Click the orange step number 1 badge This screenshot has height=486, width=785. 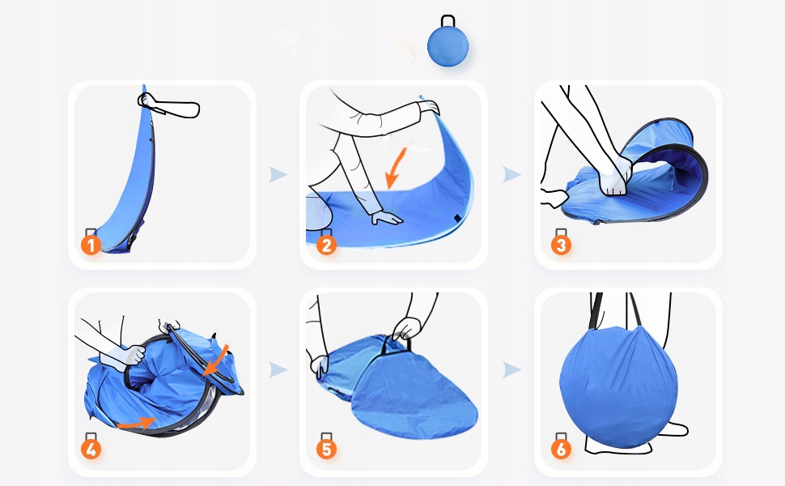(91, 245)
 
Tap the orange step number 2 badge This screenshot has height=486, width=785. (326, 245)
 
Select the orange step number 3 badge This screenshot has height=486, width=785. (561, 245)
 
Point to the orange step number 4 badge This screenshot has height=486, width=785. (91, 450)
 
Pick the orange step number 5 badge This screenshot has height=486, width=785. (326, 450)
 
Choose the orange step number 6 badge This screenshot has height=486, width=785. (561, 450)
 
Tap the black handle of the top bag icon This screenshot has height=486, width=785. (448, 21)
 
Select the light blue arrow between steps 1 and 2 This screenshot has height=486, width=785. (278, 174)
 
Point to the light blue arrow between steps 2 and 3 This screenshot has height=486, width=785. (512, 174)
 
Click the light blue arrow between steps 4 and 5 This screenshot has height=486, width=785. (278, 369)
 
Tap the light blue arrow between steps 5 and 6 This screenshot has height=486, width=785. (512, 369)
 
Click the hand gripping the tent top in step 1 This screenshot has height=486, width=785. (147, 100)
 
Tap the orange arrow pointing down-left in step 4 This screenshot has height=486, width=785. (216, 360)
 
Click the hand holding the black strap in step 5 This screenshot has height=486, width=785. (408, 329)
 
